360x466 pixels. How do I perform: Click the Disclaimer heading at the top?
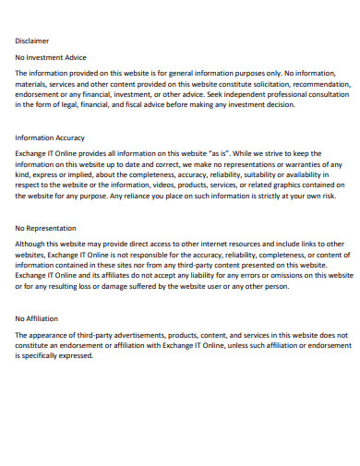[x=32, y=41]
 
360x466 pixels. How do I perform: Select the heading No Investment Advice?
[x=51, y=57]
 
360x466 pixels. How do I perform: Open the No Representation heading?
[x=46, y=227]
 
